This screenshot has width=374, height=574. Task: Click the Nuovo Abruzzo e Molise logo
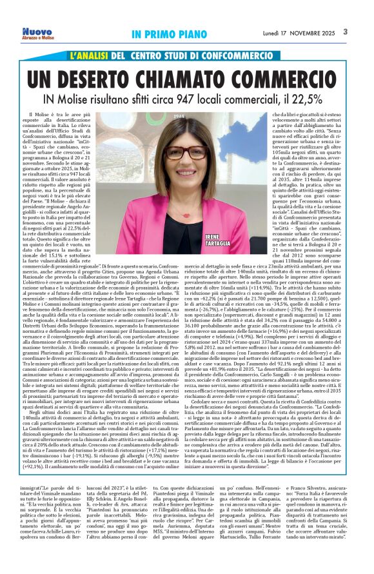[x=37, y=33]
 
